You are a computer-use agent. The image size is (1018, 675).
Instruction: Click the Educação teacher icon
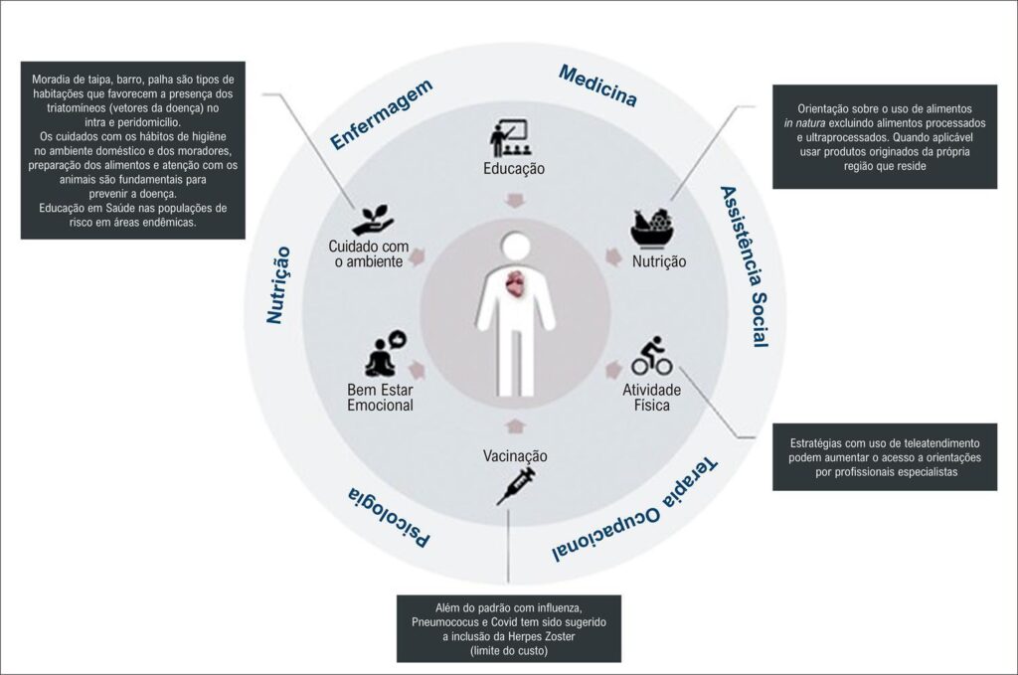[x=508, y=138]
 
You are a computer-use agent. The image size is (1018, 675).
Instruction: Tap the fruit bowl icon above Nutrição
[x=651, y=228]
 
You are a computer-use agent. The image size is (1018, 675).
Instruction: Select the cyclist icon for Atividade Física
[x=652, y=356]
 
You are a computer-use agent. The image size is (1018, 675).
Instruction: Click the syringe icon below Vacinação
[x=516, y=485]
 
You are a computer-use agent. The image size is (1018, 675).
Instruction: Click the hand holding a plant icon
[x=374, y=220]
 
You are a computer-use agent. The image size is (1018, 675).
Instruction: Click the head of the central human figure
[x=516, y=249]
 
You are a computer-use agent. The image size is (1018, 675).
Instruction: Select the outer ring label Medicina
[x=597, y=85]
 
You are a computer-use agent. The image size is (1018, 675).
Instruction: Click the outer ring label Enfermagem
[x=381, y=115]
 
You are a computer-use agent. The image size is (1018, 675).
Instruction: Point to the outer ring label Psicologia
[x=389, y=517]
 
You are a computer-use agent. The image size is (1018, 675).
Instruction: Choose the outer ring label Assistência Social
[x=746, y=266]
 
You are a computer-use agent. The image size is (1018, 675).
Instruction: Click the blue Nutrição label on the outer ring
[x=278, y=285]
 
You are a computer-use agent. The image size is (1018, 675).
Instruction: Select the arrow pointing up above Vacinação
[x=516, y=425]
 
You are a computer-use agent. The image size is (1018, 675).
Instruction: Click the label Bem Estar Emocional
[x=381, y=398]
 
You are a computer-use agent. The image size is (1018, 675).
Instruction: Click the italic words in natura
[x=804, y=123]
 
